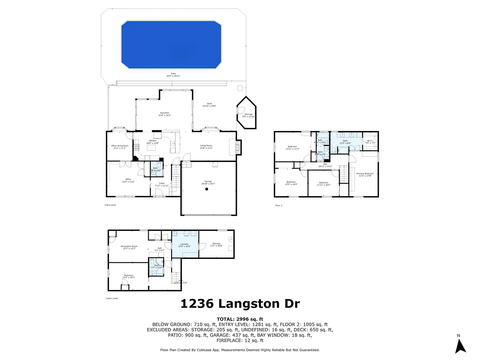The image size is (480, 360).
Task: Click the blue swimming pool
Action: pyautogui.click(x=171, y=45)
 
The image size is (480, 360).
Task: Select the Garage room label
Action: pyautogui.click(x=208, y=182)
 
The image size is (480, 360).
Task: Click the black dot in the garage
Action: pyautogui.click(x=207, y=190)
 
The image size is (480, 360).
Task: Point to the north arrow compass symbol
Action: pyautogui.click(x=461, y=345)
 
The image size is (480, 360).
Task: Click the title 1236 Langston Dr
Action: pyautogui.click(x=240, y=304)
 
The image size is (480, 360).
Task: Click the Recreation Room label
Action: pyautogui.click(x=129, y=247)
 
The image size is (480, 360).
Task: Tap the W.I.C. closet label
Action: pyautogui.click(x=370, y=141)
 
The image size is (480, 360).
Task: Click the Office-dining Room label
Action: pyautogui.click(x=120, y=147)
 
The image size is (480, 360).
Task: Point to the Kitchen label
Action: pyautogui.click(x=152, y=142)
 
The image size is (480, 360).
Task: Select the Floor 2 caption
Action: pyautogui.click(x=279, y=205)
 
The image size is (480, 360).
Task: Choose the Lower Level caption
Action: pyautogui.click(x=112, y=298)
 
